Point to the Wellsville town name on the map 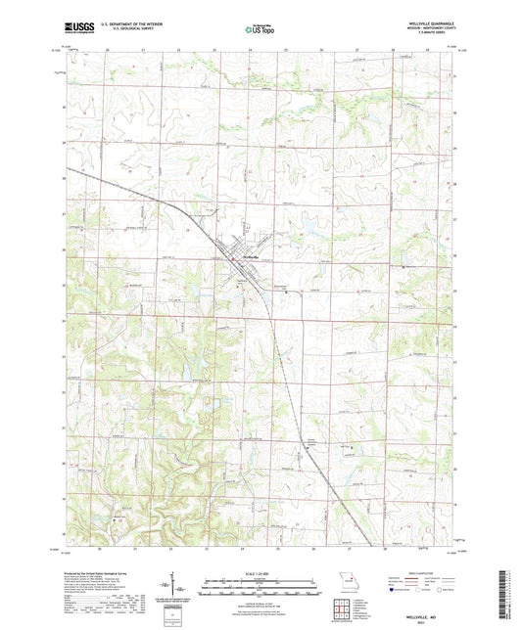click(251, 257)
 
